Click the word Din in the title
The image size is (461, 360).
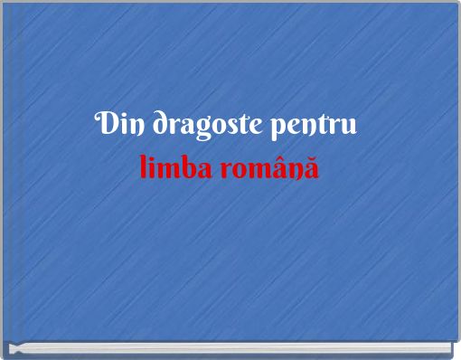tap(120, 124)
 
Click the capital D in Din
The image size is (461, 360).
tap(105, 123)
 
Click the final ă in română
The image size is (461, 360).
tap(312, 168)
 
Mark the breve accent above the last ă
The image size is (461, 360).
tap(312, 158)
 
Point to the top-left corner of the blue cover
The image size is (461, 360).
tap(3, 3)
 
